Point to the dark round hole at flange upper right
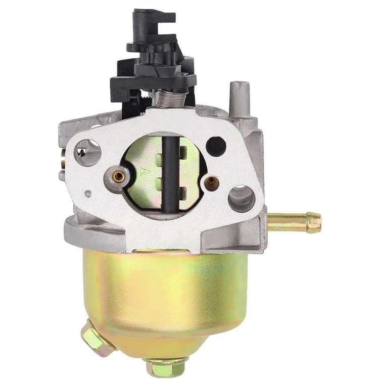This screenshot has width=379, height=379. pos(216,145)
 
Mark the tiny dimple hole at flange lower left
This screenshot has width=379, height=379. pos(88,194)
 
